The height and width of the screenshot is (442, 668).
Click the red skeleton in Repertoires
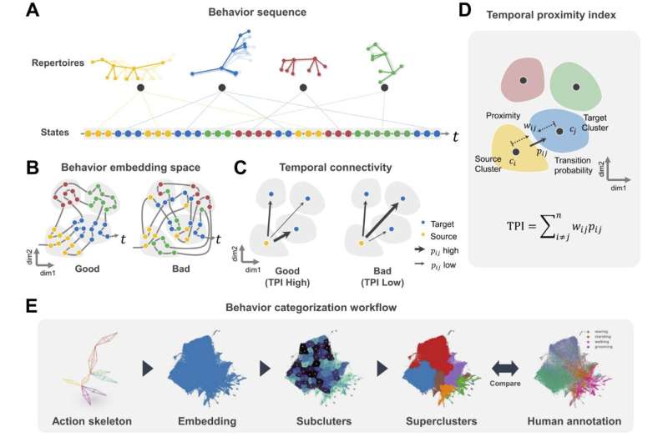tap(305, 65)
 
